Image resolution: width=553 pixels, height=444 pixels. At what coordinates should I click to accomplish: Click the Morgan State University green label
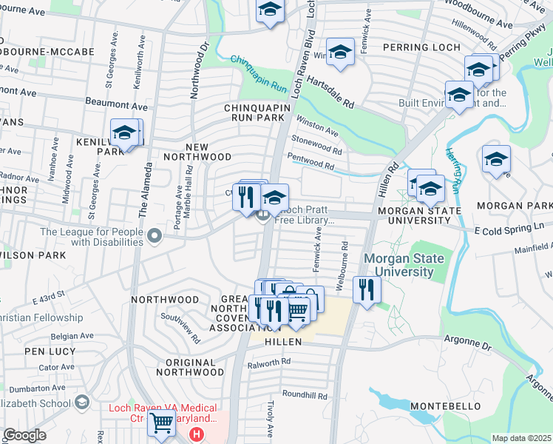[x=403, y=265]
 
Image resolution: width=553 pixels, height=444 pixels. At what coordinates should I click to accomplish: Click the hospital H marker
[x=197, y=434]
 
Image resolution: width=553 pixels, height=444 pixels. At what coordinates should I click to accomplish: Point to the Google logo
[x=24, y=435]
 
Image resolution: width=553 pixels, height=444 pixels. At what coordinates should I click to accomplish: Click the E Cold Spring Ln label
[x=512, y=230]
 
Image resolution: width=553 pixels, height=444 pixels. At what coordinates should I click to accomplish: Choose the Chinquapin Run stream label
[x=258, y=72]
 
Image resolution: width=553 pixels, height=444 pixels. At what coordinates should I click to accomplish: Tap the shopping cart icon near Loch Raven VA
[x=160, y=424]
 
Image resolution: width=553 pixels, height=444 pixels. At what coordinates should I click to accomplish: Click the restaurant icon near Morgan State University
[x=366, y=289]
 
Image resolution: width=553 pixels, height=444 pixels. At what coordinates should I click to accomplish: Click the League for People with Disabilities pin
[x=155, y=236]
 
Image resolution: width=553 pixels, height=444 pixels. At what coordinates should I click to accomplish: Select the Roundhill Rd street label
[x=304, y=395]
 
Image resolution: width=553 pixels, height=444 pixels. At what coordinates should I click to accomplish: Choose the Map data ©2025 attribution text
[x=521, y=438]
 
